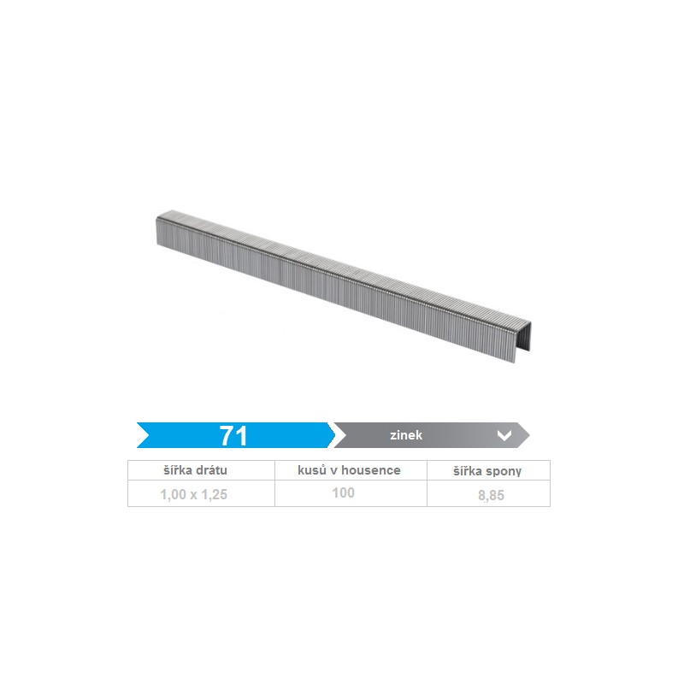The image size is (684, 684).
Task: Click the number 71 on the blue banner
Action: [x=233, y=435]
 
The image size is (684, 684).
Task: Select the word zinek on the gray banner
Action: [x=406, y=435]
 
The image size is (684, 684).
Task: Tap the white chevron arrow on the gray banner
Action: [x=504, y=435]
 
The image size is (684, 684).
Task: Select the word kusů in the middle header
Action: [x=311, y=469]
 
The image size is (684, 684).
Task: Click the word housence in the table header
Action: [x=371, y=470]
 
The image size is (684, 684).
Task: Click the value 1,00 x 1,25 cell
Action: [x=194, y=494]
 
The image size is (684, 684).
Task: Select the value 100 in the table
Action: [x=344, y=492]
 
